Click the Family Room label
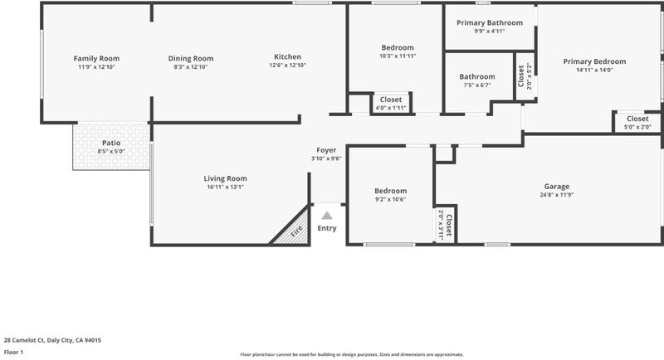[x=96, y=58]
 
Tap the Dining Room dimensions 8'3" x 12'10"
[x=191, y=67]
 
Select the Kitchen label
[x=287, y=56]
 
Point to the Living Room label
[x=225, y=178]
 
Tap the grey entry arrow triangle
[x=326, y=216]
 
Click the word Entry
[x=327, y=228]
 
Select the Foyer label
[x=326, y=150]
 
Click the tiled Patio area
[x=111, y=146]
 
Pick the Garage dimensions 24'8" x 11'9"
[x=557, y=195]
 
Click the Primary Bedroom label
[x=594, y=61]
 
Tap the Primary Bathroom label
[x=490, y=23]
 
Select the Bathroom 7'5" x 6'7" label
[x=477, y=80]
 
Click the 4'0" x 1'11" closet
[x=391, y=104]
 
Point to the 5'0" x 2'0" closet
[x=637, y=123]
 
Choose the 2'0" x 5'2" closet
[x=525, y=76]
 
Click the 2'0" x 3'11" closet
[x=445, y=225]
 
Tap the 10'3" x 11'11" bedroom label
[x=398, y=51]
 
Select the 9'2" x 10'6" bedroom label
[x=390, y=195]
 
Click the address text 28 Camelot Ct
[x=24, y=340]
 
